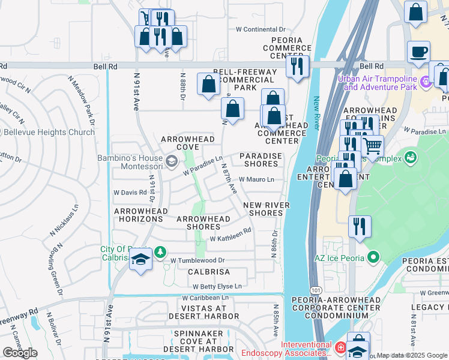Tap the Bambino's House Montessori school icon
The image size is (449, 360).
(x=172, y=161)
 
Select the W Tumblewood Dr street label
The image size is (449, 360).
(x=197, y=260)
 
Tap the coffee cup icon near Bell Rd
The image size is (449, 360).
(x=418, y=52)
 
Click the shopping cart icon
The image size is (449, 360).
(x=373, y=145)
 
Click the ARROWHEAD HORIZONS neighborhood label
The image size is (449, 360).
(x=139, y=215)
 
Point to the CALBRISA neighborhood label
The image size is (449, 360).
(x=209, y=272)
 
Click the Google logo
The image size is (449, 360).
(x=20, y=353)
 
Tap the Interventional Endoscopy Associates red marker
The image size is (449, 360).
(x=340, y=347)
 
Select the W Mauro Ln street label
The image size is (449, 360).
(x=256, y=179)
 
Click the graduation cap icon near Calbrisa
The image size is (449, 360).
(x=140, y=259)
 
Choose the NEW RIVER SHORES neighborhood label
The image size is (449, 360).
(x=266, y=209)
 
